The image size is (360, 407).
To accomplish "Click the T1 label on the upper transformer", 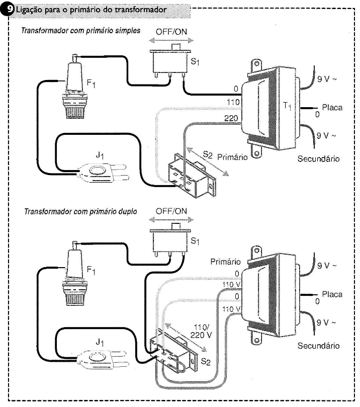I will point(286,106).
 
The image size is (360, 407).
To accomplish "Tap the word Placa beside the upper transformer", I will point(332,108).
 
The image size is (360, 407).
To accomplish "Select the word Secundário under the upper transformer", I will point(318,159).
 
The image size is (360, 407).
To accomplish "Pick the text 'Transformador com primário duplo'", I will point(80,211).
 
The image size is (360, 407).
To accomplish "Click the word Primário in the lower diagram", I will point(225,262).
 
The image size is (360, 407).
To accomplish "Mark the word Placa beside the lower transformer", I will point(332,294).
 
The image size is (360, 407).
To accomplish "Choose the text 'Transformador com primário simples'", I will point(80,30).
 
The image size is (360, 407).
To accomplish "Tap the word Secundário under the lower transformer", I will point(318,346).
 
